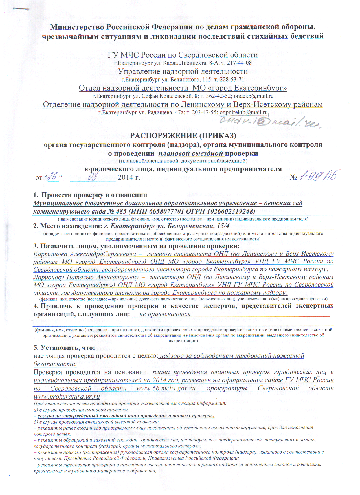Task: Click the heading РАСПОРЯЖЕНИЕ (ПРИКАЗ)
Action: (183, 136)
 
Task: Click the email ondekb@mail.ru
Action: (254, 96)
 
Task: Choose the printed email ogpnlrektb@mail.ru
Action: (243, 112)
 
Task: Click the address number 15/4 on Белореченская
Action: (222, 226)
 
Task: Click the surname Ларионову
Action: (49, 277)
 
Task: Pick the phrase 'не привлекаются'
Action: (165, 314)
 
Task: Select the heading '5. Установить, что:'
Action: (64, 347)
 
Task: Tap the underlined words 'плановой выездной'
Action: (191, 154)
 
